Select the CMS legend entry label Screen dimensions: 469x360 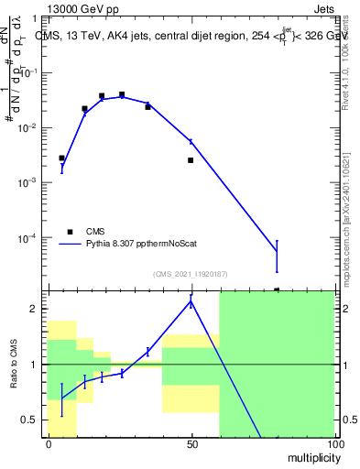click(x=96, y=231)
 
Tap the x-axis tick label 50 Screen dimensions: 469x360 click(x=191, y=444)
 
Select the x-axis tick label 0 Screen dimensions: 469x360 click(x=49, y=444)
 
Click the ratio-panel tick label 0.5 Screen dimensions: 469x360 click(x=28, y=420)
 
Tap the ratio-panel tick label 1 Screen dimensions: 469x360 click(x=33, y=365)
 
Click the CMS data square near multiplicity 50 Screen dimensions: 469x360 click(x=191, y=160)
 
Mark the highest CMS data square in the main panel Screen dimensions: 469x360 click(x=122, y=94)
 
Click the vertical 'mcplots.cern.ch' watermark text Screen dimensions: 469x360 click(x=349, y=220)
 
